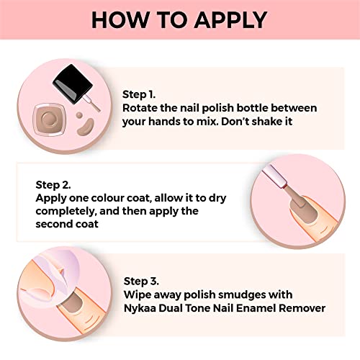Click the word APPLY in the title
pyautogui.click(x=230, y=20)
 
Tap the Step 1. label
pyautogui.click(x=139, y=94)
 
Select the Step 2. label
pyautogui.click(x=53, y=185)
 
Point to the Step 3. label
pyautogui.click(x=141, y=281)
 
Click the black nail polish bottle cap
pyautogui.click(x=73, y=84)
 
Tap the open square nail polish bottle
pyautogui.click(x=50, y=120)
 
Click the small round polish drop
pyautogui.click(x=79, y=115)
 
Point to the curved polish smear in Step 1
pyautogui.click(x=86, y=126)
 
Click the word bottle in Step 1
pyautogui.click(x=252, y=108)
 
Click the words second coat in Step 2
pyautogui.click(x=67, y=224)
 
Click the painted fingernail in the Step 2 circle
pyautogui.click(x=303, y=211)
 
